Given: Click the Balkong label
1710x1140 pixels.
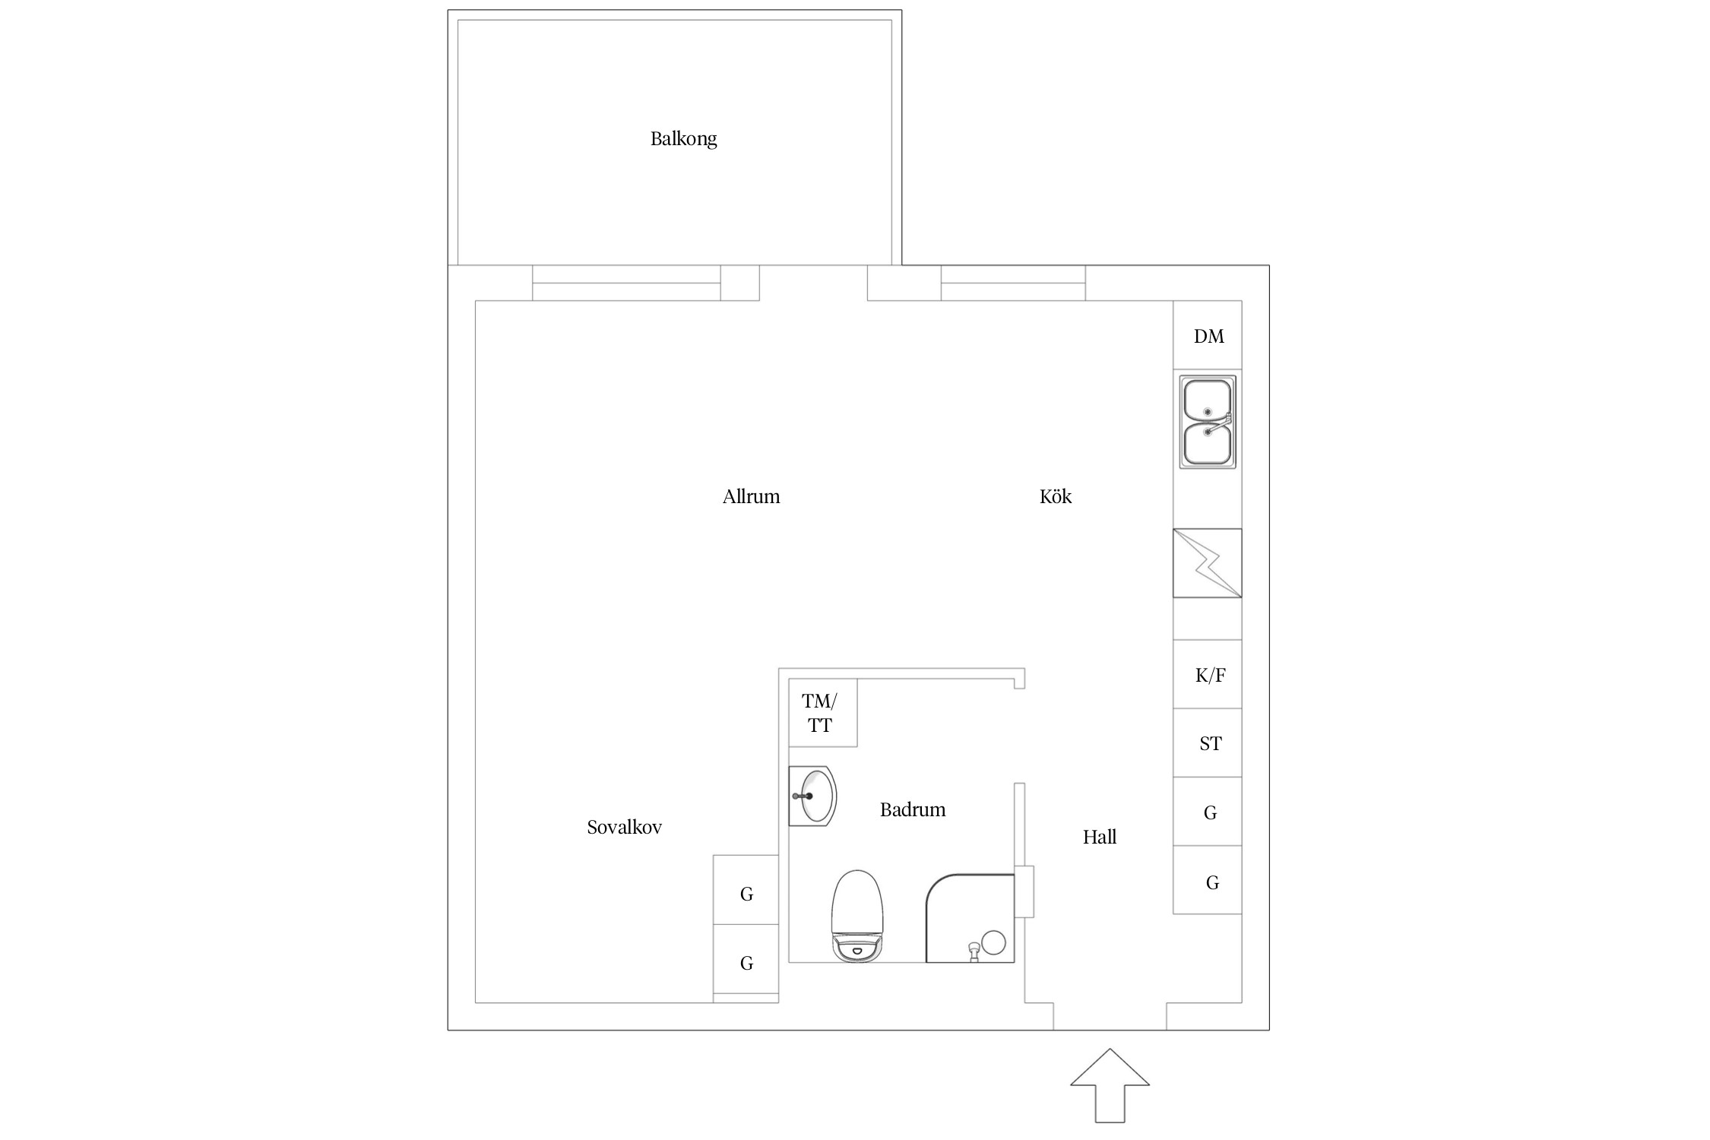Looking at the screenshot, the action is pyautogui.click(x=683, y=139).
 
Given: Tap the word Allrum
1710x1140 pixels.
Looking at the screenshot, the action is pyautogui.click(x=751, y=497).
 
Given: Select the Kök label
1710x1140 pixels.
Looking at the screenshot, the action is pyautogui.click(x=1055, y=496).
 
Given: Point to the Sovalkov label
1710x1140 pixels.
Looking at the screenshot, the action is pyautogui.click(x=624, y=828).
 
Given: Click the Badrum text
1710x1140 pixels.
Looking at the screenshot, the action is pyautogui.click(x=913, y=810).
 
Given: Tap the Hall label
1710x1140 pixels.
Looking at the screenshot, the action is pyautogui.click(x=1099, y=838).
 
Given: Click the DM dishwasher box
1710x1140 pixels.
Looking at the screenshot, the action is pyautogui.click(x=1207, y=335).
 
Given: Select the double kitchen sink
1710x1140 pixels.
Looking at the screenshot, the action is pyautogui.click(x=1207, y=422).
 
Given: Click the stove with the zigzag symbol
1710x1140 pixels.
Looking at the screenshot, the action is pyautogui.click(x=1207, y=563).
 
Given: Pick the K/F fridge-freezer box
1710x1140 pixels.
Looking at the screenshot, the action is pyautogui.click(x=1207, y=674).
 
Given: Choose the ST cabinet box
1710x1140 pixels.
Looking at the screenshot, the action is pyautogui.click(x=1207, y=743).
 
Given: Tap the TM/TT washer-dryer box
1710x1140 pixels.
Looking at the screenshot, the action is pyautogui.click(x=822, y=713).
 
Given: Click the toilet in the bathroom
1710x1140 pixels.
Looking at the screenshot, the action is pyautogui.click(x=858, y=917).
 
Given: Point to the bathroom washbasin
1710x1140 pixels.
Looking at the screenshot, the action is pyautogui.click(x=812, y=796).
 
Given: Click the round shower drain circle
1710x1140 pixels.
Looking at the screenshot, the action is pyautogui.click(x=993, y=943).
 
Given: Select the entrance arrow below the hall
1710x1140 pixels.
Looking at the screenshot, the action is pyautogui.click(x=1110, y=1086).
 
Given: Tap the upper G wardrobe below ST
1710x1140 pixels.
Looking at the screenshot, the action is pyautogui.click(x=1207, y=812).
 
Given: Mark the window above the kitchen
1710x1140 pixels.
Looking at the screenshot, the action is pyautogui.click(x=1013, y=283).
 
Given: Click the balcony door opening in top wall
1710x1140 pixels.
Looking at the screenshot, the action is pyautogui.click(x=813, y=283).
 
